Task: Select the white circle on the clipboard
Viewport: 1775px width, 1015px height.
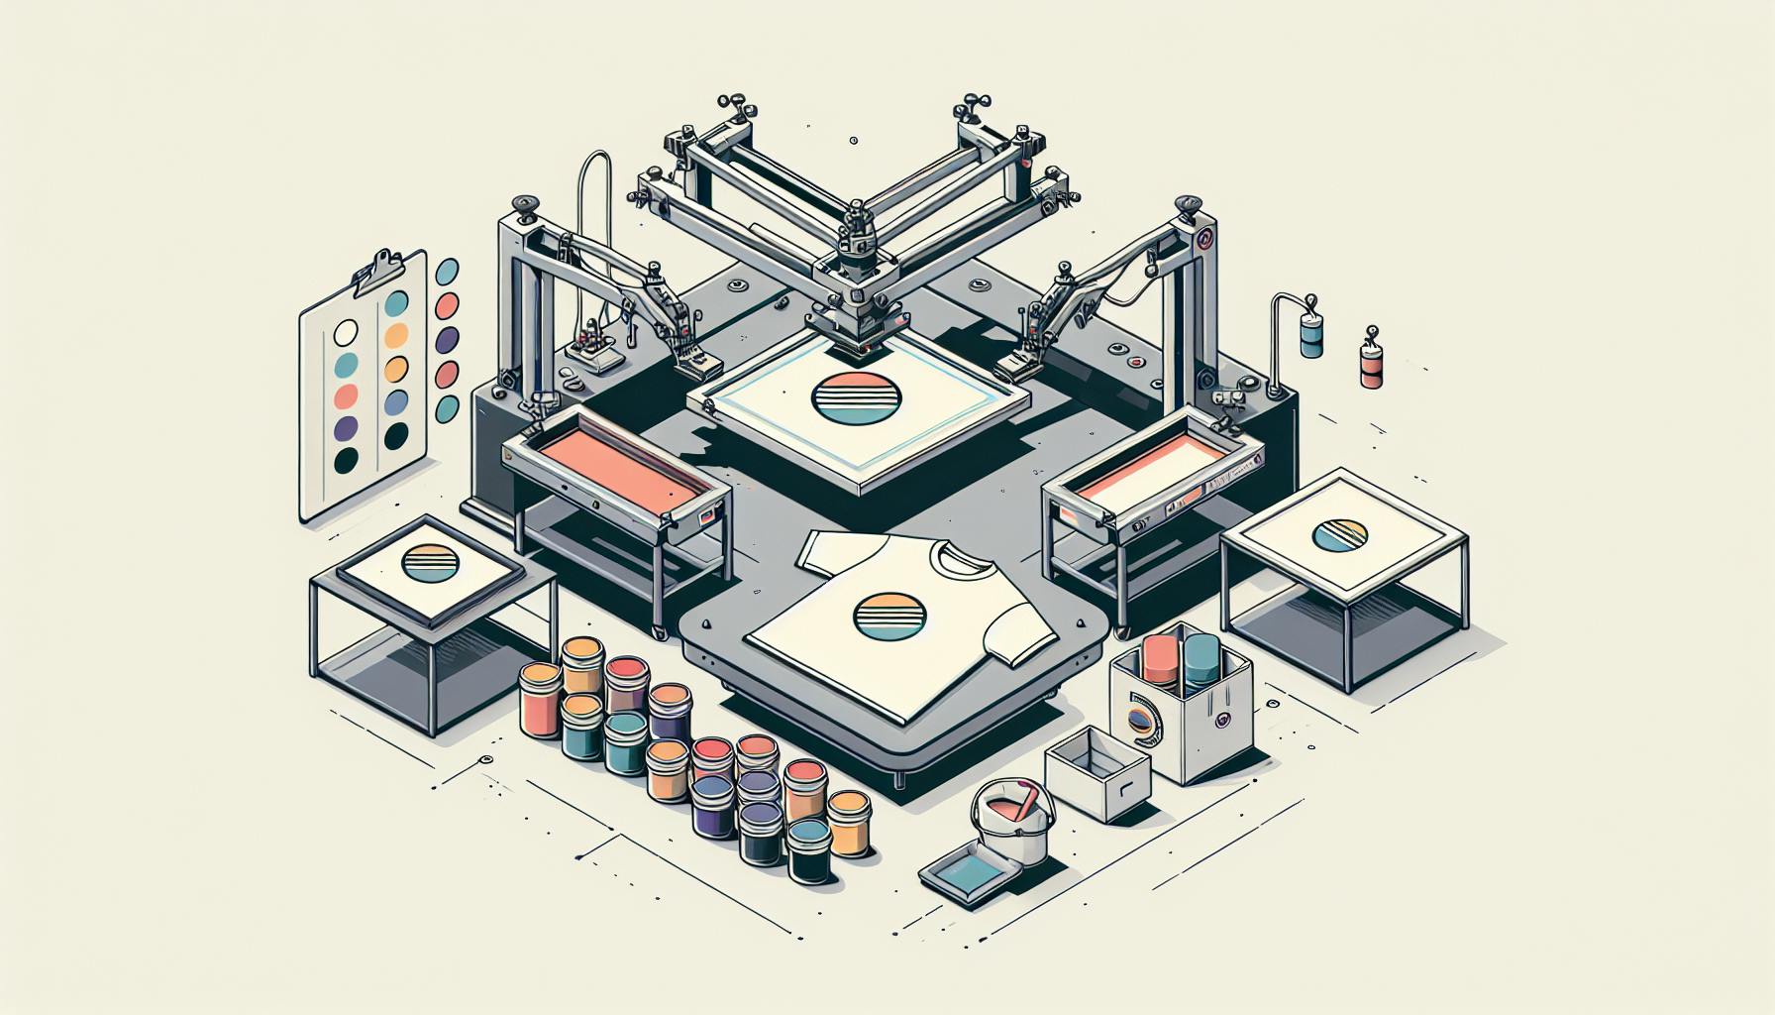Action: click(347, 331)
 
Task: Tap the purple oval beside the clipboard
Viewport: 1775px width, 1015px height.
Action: click(448, 340)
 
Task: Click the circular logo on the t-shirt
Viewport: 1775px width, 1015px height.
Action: click(877, 616)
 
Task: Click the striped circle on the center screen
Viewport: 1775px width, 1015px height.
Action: click(857, 399)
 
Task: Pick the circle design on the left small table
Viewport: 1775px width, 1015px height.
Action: click(432, 566)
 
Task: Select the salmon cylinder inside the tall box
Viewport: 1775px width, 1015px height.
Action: click(1158, 659)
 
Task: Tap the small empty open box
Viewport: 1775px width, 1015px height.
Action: click(1097, 773)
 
